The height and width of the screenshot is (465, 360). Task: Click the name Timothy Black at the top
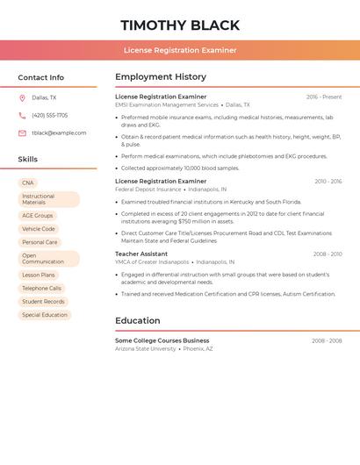click(x=180, y=25)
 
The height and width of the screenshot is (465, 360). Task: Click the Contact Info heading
click(x=40, y=77)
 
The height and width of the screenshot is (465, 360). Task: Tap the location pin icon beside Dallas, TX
click(x=22, y=97)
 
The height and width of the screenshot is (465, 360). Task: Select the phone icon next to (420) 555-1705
click(x=22, y=115)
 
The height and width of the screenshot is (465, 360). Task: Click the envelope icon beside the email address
click(x=22, y=133)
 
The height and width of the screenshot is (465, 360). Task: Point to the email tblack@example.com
click(x=59, y=133)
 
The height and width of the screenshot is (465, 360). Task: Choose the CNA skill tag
click(x=28, y=182)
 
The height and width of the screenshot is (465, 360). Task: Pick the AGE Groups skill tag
click(x=38, y=215)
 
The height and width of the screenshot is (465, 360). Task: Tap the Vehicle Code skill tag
click(x=39, y=229)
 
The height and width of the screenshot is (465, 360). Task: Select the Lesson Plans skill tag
click(x=39, y=275)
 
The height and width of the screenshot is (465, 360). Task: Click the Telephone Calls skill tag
click(x=42, y=288)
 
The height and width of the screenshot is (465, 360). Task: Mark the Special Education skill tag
click(x=45, y=315)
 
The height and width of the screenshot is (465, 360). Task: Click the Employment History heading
click(x=161, y=76)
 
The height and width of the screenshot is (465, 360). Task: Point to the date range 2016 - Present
click(x=324, y=97)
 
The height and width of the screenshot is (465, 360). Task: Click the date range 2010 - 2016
click(x=328, y=182)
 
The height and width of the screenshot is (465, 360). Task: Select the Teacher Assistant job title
click(x=141, y=254)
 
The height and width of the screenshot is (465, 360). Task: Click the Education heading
click(x=138, y=320)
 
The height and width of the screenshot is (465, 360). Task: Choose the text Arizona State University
click(x=146, y=348)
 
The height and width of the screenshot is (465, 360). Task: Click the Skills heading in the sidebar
click(x=28, y=160)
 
